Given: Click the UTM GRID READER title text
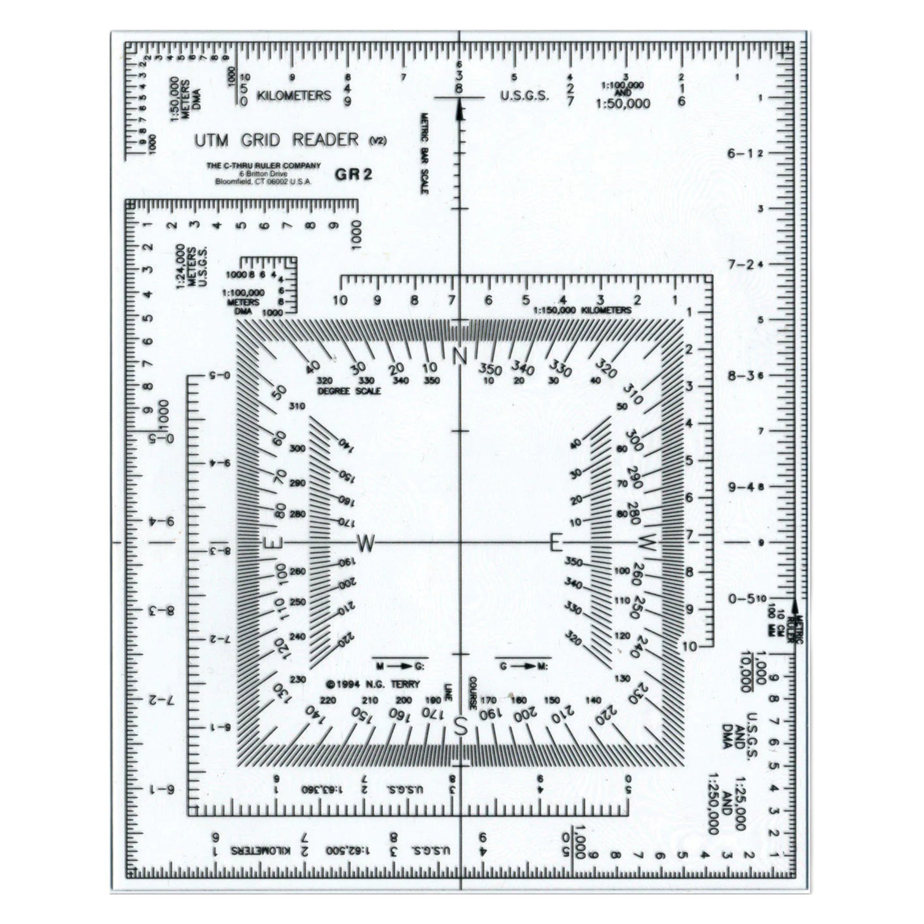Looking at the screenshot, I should pyautogui.click(x=276, y=140).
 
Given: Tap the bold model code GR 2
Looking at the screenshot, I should pyautogui.click(x=353, y=175).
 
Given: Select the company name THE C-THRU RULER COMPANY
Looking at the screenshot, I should pyautogui.click(x=263, y=165).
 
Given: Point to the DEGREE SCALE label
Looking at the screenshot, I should pyautogui.click(x=350, y=391).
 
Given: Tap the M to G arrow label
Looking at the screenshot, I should pyautogui.click(x=400, y=666).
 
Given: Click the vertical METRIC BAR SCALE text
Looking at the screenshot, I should pyautogui.click(x=424, y=153).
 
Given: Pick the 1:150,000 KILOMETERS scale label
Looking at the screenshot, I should pyautogui.click(x=583, y=310).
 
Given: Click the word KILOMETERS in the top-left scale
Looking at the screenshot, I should pyautogui.click(x=294, y=95).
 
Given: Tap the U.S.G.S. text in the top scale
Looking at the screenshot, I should pyautogui.click(x=524, y=96).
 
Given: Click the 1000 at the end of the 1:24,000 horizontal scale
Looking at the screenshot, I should pyautogui.click(x=355, y=235).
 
